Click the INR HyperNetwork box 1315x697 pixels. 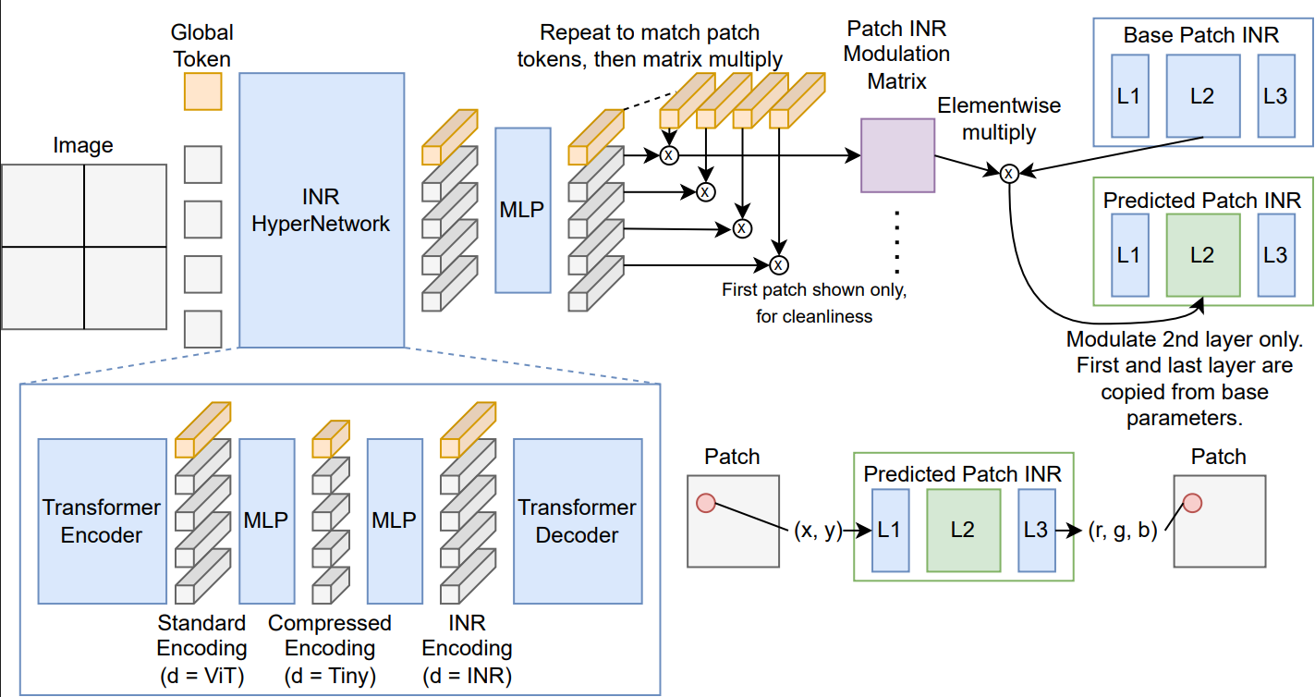tap(321, 210)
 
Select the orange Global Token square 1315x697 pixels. tap(202, 92)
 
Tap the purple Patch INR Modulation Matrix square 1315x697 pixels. tap(897, 155)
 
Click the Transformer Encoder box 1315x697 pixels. tap(102, 521)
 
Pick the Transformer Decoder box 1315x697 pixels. tap(578, 521)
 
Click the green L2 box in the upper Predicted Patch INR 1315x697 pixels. tap(1202, 254)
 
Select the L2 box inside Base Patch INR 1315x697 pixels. tap(1202, 95)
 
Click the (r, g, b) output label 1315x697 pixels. tap(1122, 532)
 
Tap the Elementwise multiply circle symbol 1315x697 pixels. tap(1009, 173)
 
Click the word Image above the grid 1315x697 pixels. tap(83, 145)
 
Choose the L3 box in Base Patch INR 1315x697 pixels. tap(1274, 95)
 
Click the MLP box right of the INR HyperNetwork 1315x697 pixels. tap(523, 210)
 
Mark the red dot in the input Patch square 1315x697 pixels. tap(706, 503)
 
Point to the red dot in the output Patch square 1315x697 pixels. tap(1192, 503)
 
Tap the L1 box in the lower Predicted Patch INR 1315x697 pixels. tap(889, 531)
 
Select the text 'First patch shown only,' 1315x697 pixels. tap(814, 290)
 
